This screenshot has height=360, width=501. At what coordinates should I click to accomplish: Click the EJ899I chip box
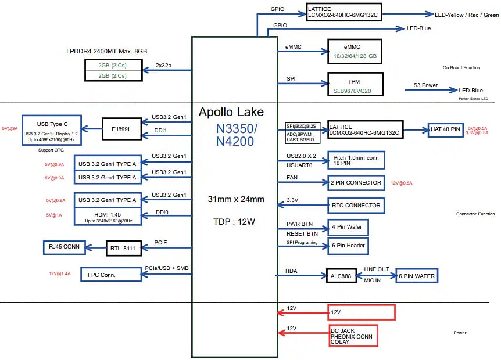click(x=121, y=129)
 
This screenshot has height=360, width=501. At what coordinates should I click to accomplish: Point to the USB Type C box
click(x=52, y=130)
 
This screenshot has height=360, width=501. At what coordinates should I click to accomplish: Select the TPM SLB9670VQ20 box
click(x=356, y=84)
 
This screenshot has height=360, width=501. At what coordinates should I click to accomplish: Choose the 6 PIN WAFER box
click(x=416, y=275)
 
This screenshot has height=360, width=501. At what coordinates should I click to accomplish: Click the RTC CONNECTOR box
click(x=356, y=205)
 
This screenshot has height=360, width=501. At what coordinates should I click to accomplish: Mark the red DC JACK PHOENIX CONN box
click(x=353, y=336)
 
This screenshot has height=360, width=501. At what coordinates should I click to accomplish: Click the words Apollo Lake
click(x=231, y=112)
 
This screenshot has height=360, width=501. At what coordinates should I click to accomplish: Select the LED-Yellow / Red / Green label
click(x=467, y=14)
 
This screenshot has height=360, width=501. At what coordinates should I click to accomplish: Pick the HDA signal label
click(x=291, y=271)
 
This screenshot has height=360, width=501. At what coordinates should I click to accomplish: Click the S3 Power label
click(x=425, y=85)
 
